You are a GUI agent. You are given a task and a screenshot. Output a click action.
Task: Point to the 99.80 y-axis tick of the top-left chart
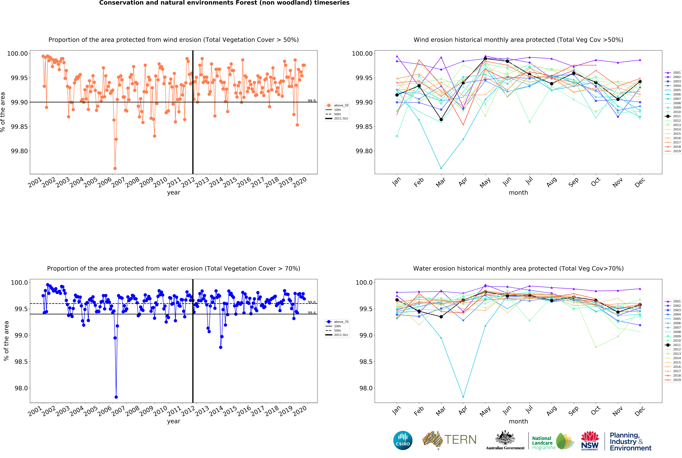[19, 151]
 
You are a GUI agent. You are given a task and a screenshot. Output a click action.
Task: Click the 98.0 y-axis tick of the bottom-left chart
[21, 388]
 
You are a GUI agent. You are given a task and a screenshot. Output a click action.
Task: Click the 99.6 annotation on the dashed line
[312, 302]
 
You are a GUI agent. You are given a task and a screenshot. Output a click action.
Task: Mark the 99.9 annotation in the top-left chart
[312, 101]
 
